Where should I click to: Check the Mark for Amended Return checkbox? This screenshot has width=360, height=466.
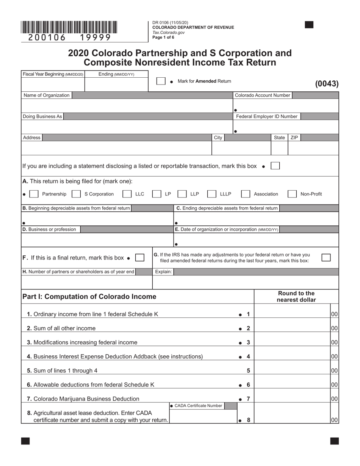click(x=161, y=81)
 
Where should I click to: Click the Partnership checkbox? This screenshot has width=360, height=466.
click(x=34, y=194)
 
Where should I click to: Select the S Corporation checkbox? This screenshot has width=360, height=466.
click(x=76, y=194)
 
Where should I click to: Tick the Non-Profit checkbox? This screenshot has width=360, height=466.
click(x=292, y=194)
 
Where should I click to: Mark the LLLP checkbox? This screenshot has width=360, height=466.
click(x=212, y=194)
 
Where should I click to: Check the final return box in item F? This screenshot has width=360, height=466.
click(x=139, y=258)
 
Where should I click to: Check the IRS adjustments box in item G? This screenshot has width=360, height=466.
click(x=326, y=258)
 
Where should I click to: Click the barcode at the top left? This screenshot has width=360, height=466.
click(x=69, y=28)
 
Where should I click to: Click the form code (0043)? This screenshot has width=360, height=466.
click(x=327, y=84)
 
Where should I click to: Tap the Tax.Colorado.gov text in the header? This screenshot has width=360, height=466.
click(x=169, y=32)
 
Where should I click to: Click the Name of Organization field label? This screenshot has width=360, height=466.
click(x=47, y=95)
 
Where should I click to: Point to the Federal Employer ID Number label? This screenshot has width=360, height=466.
click(x=267, y=117)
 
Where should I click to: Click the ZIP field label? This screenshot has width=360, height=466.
click(x=294, y=138)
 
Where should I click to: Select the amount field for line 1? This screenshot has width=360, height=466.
click(x=292, y=314)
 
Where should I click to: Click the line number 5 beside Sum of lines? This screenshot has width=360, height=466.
click(x=248, y=371)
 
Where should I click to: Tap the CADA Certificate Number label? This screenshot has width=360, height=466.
click(x=198, y=406)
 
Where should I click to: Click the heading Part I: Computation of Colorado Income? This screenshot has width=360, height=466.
click(x=89, y=297)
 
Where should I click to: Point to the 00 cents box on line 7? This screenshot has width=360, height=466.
click(x=334, y=399)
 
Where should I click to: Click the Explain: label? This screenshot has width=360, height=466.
click(x=163, y=272)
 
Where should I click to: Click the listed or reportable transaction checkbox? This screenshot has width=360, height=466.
click(x=275, y=166)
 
